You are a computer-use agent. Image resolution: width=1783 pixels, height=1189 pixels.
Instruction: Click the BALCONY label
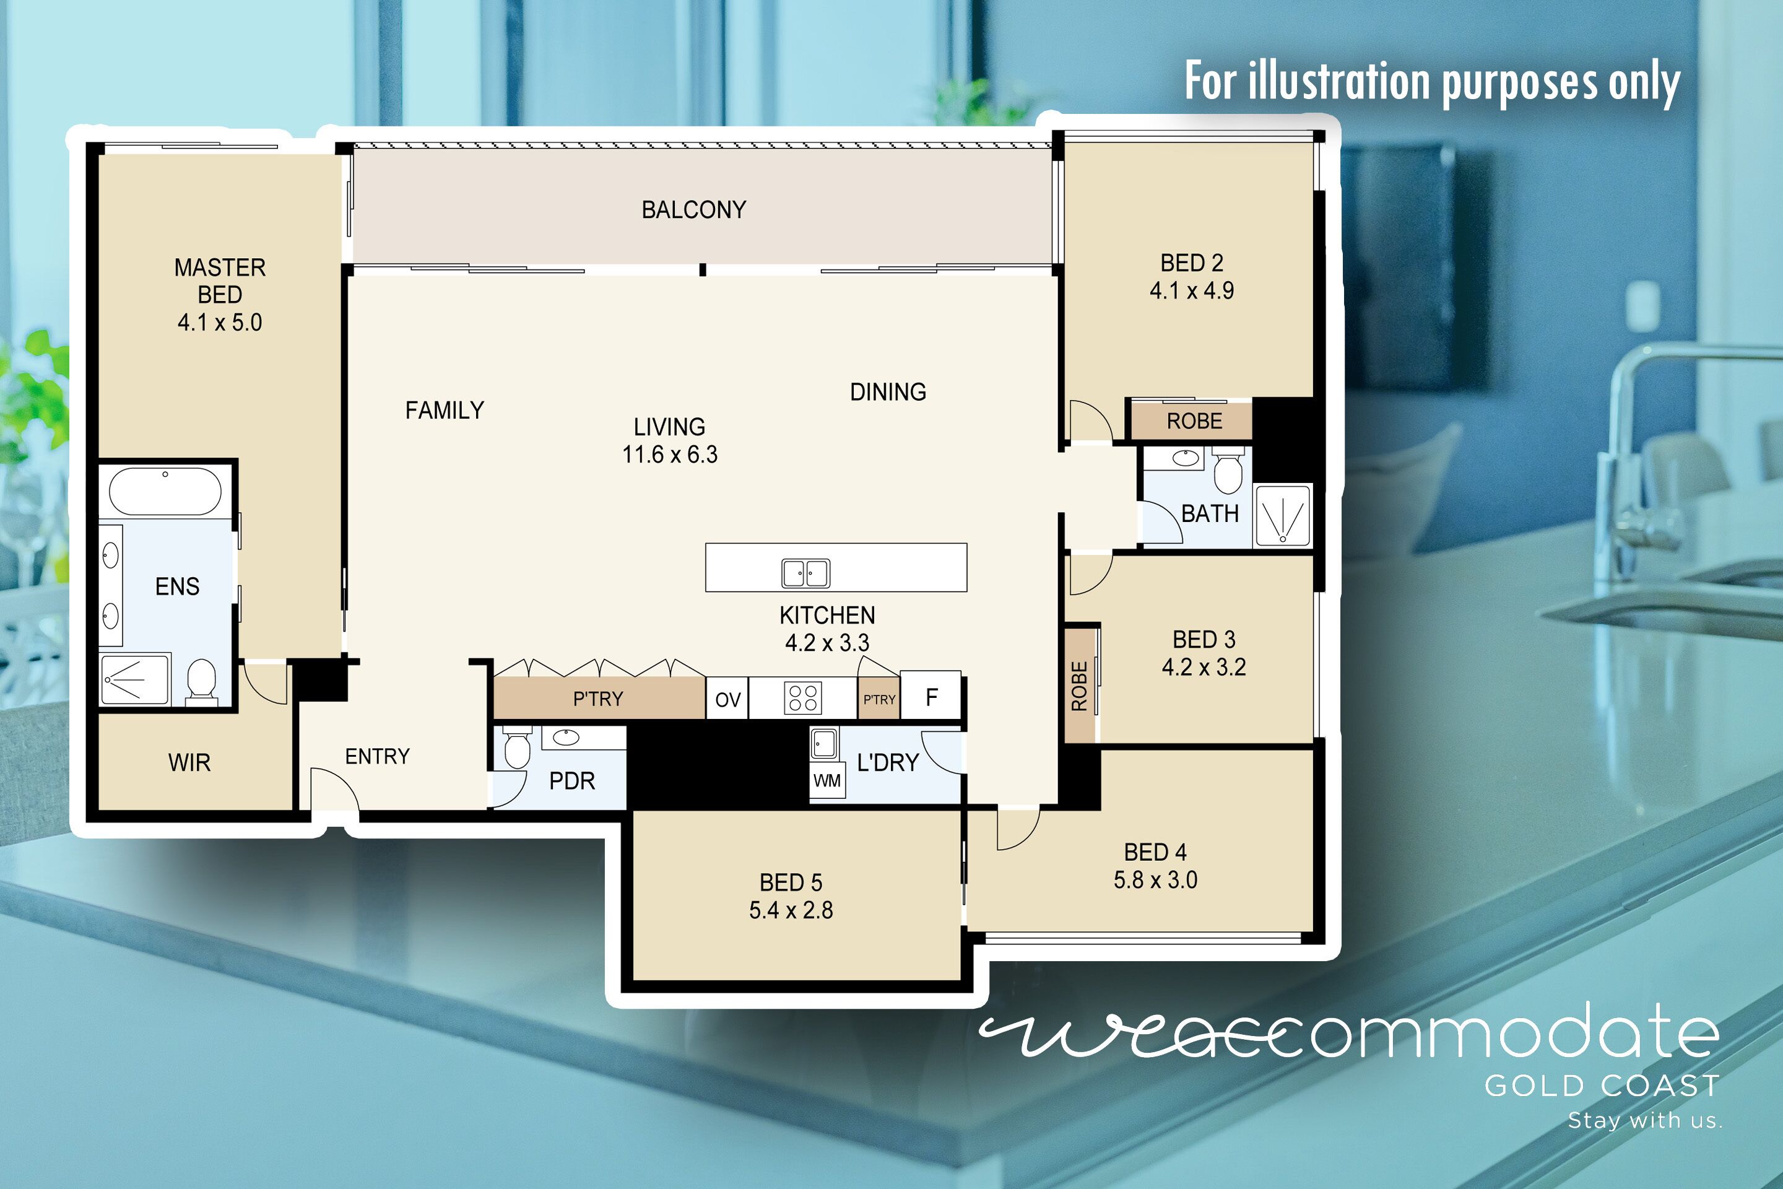[693, 209]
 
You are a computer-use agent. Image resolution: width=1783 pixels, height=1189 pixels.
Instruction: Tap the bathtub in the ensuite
[165, 491]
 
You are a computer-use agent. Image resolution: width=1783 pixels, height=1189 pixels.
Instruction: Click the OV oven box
[728, 699]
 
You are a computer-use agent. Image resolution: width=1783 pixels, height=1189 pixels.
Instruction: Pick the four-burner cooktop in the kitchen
[803, 698]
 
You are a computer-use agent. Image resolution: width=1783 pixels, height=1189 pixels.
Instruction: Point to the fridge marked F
[932, 696]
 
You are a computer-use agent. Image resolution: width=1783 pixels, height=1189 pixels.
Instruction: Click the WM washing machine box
[827, 780]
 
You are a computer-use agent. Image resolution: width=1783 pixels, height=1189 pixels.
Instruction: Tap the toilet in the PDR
[517, 749]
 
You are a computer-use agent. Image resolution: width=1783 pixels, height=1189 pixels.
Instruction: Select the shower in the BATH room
[1283, 516]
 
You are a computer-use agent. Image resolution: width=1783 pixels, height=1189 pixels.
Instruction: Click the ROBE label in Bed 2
[1194, 421]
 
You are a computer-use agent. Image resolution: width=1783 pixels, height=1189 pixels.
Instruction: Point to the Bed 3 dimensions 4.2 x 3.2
[1204, 668]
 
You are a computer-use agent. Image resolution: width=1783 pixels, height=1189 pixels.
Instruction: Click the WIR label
[189, 762]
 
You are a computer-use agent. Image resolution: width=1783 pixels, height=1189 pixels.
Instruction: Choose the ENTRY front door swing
[334, 788]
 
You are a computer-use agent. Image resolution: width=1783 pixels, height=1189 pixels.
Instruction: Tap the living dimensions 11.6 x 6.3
[669, 454]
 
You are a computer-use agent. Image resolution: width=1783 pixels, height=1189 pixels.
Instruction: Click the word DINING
[888, 392]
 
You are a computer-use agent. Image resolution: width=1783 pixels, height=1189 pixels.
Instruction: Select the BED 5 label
[791, 882]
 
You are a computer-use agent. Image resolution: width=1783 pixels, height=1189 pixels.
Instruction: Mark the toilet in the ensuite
[201, 679]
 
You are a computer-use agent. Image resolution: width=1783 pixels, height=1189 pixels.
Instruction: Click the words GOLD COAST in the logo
[1601, 1086]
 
